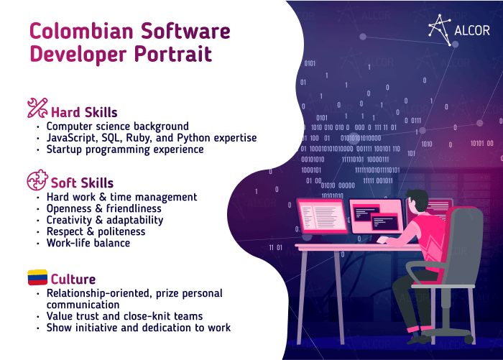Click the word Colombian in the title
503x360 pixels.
(x=81, y=31)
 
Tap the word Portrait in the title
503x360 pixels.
(x=173, y=54)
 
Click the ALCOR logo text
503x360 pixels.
(x=472, y=30)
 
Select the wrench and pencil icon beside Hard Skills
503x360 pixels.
(x=37, y=108)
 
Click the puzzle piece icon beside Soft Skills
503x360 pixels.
(x=37, y=180)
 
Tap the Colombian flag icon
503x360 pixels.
(x=37, y=277)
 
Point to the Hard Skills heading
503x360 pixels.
(x=84, y=112)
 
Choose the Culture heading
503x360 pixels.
(x=73, y=279)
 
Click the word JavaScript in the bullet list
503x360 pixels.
(x=71, y=138)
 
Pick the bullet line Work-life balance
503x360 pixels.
(x=88, y=243)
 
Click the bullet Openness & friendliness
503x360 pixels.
(x=104, y=208)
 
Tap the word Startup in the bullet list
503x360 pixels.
(x=64, y=149)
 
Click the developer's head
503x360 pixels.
(x=416, y=200)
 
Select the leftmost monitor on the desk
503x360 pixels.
(x=323, y=216)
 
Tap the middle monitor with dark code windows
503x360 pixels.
(x=377, y=216)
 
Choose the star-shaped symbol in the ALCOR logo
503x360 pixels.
(x=439, y=29)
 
